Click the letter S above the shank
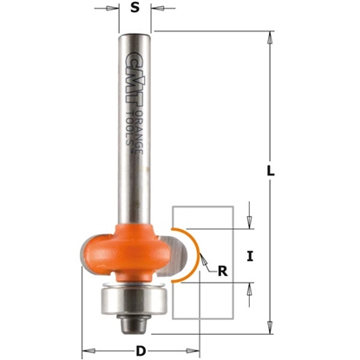click(134, 11)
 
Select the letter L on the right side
click(270, 173)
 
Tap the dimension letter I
click(250, 256)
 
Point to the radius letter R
click(224, 271)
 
